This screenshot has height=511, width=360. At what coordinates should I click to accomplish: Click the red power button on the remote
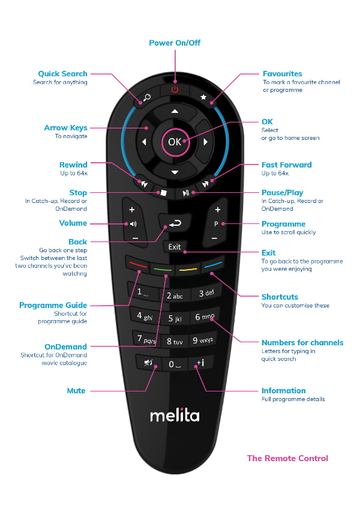[175, 89]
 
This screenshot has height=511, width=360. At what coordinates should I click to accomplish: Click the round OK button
[175, 142]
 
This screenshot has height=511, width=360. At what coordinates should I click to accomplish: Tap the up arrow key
[175, 112]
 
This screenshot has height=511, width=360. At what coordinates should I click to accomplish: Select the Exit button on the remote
[175, 247]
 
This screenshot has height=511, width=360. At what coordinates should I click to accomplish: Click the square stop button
[161, 193]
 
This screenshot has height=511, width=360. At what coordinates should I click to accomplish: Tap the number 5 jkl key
[175, 318]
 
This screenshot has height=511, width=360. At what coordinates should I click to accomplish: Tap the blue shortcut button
[213, 264]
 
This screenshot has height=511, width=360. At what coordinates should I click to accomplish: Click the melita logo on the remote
[175, 416]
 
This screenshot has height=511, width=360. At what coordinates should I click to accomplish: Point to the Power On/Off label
[175, 43]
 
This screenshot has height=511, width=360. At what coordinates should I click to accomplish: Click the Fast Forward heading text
[286, 165]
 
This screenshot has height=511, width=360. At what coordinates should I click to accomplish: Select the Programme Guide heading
[53, 305]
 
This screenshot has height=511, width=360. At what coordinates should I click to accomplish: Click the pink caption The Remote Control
[287, 458]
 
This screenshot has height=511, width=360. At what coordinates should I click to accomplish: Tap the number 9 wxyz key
[203, 340]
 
